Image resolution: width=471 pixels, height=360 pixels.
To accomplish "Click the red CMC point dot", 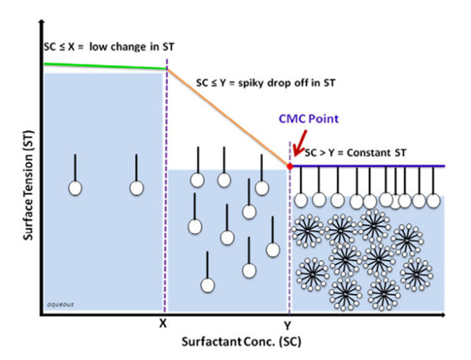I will point(290,166).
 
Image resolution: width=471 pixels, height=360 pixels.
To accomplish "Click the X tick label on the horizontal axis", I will point(163,322).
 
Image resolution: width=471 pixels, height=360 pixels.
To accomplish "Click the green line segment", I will point(102,66).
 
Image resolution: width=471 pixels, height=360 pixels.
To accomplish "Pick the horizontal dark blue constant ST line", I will point(369,166).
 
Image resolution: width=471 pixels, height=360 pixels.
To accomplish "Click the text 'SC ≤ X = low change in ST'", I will point(108,47).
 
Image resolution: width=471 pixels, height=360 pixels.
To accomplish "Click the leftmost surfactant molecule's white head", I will point(75,188).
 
